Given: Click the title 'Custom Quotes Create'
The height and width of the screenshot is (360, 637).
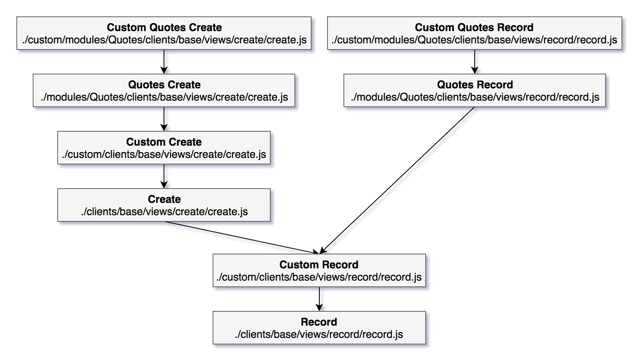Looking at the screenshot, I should click(164, 27).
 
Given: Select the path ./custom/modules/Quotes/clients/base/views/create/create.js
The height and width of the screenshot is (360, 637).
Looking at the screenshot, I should click(164, 40).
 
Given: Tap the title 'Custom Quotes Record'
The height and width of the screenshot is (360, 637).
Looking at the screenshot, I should click(474, 27).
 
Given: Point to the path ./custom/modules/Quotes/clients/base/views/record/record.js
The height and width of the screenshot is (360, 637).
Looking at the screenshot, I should click(474, 40).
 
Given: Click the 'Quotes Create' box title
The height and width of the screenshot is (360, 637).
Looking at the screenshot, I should click(164, 85).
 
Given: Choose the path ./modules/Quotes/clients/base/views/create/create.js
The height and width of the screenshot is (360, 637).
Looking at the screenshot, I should click(164, 97).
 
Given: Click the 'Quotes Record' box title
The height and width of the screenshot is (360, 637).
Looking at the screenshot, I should click(474, 85).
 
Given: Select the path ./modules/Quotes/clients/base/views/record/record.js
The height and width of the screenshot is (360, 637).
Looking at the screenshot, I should click(474, 97).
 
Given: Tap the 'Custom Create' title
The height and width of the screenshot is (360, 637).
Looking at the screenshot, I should click(164, 142).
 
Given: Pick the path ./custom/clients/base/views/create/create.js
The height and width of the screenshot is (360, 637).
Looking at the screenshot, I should click(164, 155).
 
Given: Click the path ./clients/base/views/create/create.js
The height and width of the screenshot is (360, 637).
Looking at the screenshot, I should click(164, 212).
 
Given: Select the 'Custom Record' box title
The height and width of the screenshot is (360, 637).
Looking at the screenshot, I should click(318, 265).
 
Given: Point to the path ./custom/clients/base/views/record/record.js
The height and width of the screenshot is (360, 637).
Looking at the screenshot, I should click(318, 277).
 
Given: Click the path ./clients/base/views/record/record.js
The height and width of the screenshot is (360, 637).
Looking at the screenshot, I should click(318, 335).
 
